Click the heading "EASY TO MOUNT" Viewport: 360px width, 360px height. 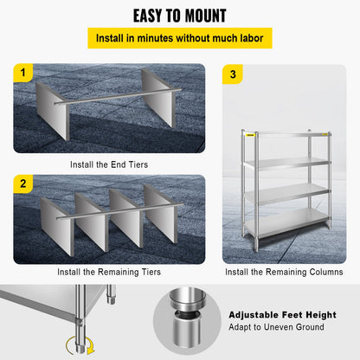point(179,16)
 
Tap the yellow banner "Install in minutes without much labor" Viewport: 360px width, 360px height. point(179,38)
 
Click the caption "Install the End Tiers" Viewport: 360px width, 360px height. point(108,162)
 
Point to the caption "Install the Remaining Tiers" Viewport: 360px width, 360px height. point(108,272)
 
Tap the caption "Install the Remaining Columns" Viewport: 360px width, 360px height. point(284,272)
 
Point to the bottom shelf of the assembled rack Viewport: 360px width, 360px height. point(286,227)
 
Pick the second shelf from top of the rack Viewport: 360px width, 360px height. point(286,164)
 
